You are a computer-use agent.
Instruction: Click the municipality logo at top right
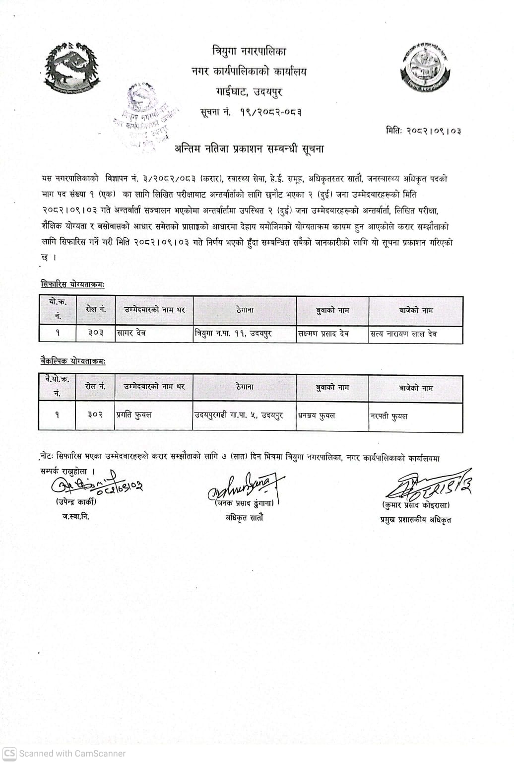click(x=425, y=69)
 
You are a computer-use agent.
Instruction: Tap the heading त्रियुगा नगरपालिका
click(x=249, y=51)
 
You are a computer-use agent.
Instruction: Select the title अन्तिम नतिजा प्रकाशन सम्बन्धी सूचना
click(x=249, y=148)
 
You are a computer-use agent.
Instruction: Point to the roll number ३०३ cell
click(x=95, y=334)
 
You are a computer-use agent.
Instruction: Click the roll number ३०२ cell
click(x=95, y=415)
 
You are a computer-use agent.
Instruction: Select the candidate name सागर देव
click(x=131, y=334)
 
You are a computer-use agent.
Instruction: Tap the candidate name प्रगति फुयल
click(x=134, y=415)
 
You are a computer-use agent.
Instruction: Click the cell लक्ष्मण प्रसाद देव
click(x=323, y=334)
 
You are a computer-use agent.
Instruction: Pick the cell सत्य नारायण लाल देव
click(x=404, y=334)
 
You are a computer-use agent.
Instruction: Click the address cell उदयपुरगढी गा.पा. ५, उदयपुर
click(x=238, y=415)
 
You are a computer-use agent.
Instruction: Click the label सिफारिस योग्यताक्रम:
click(x=73, y=284)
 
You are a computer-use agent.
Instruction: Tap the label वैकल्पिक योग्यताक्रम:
click(x=73, y=362)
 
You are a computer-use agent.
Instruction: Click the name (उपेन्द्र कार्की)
click(x=76, y=502)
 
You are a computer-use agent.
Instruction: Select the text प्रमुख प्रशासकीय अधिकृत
click(x=416, y=520)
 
